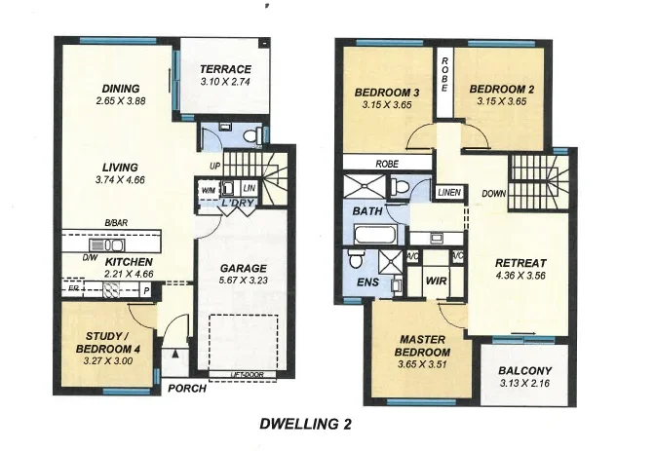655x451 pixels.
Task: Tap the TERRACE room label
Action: pos(225,69)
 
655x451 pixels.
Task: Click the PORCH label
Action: pos(188,388)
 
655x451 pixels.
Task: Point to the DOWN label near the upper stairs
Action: pos(494,193)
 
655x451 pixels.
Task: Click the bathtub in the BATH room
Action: pos(375,234)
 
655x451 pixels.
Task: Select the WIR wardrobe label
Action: pos(436,280)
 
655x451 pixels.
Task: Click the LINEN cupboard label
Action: pos(448,193)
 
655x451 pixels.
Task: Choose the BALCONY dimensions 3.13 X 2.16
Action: pos(524,385)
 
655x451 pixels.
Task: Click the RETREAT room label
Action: pos(520,263)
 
